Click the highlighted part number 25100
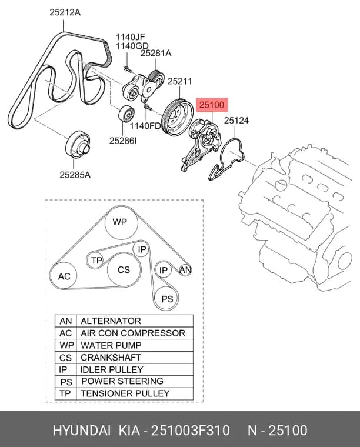click(212, 105)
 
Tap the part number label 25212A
click(65, 12)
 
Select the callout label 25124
click(236, 121)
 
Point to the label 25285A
click(75, 175)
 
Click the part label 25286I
click(123, 140)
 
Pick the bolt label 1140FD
click(146, 125)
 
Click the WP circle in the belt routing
click(121, 222)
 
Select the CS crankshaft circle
click(124, 270)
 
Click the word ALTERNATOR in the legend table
click(111, 321)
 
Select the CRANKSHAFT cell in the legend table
click(111, 357)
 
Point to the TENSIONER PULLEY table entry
click(125, 393)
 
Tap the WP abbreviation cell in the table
click(66, 345)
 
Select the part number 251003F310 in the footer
click(190, 430)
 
